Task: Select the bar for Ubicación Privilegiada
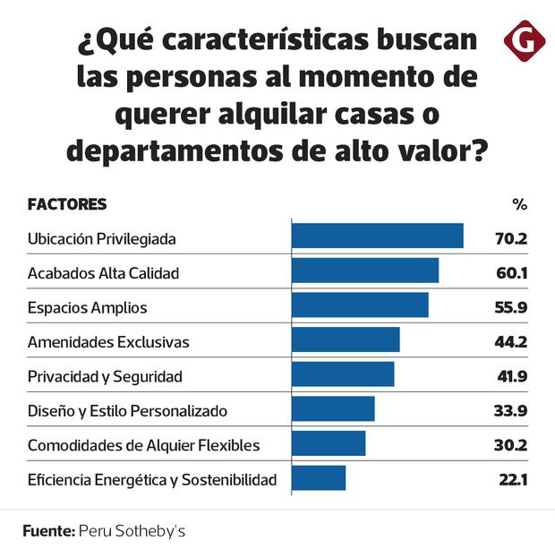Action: point(377,236)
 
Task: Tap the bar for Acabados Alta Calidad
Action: point(364,271)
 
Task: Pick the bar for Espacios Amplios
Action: point(360,305)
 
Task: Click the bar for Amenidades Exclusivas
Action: point(346,340)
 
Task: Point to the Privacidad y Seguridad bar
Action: point(343,374)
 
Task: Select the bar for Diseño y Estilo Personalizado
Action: point(333,409)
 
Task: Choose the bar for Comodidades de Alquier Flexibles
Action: point(329,443)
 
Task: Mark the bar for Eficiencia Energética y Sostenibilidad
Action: point(319,478)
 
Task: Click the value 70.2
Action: point(512,238)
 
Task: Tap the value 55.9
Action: point(512,307)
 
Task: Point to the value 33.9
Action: point(512,411)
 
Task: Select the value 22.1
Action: point(513,480)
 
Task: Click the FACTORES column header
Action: point(67,204)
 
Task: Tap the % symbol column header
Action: point(519,204)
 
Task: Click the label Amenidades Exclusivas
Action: point(108,342)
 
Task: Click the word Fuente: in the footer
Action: point(48,531)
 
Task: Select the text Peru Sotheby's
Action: point(132,531)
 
